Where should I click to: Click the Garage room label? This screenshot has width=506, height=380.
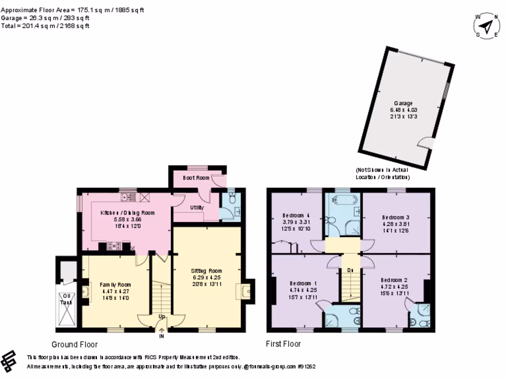tap(403, 103)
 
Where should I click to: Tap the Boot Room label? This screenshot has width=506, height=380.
tap(196, 178)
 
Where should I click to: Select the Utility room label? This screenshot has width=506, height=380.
tap(197, 207)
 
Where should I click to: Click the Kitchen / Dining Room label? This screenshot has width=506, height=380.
tap(127, 213)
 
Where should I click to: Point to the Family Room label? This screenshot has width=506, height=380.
tap(115, 285)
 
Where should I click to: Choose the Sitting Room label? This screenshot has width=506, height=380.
tap(207, 271)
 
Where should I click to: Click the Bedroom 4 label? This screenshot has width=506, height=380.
tap(296, 216)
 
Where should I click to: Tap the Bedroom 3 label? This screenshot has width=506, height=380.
tap(396, 217)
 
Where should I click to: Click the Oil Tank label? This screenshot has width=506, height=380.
tap(66, 299)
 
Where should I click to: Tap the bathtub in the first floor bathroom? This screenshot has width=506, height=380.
tap(342, 200)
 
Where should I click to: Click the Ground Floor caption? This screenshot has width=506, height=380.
tap(75, 344)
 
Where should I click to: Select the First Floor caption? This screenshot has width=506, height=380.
tap(283, 344)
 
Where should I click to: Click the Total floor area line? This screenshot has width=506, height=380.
tap(45, 26)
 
